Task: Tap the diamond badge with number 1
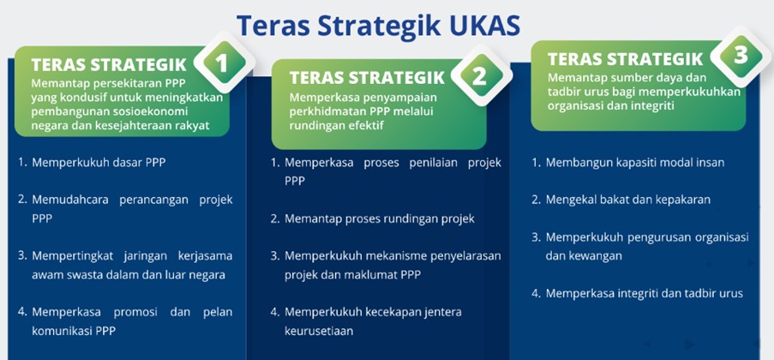[224, 63]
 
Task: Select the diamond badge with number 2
[479, 77]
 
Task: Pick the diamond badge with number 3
[741, 57]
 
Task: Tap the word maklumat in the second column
[374, 275]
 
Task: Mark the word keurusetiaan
[319, 331]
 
